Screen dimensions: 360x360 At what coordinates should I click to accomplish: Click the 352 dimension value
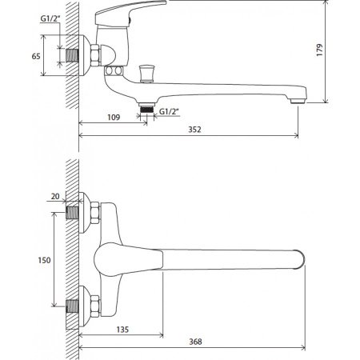pyautogui.click(x=194, y=130)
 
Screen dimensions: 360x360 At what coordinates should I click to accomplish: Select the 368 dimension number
pyautogui.click(x=195, y=342)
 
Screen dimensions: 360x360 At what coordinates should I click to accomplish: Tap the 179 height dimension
pyautogui.click(x=319, y=50)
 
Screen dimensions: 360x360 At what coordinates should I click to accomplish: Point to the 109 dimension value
pyautogui.click(x=114, y=118)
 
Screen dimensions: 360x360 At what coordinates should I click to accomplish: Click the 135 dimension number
pyautogui.click(x=122, y=330)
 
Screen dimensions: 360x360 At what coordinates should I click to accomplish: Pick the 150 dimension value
pyautogui.click(x=44, y=260)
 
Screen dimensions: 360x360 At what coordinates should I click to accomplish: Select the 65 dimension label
pyautogui.click(x=36, y=56)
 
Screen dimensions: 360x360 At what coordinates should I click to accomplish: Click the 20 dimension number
pyautogui.click(x=55, y=196)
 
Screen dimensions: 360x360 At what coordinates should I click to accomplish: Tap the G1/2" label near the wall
pyautogui.click(x=50, y=18)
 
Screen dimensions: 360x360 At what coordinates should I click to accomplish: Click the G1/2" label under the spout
pyautogui.click(x=169, y=111)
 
